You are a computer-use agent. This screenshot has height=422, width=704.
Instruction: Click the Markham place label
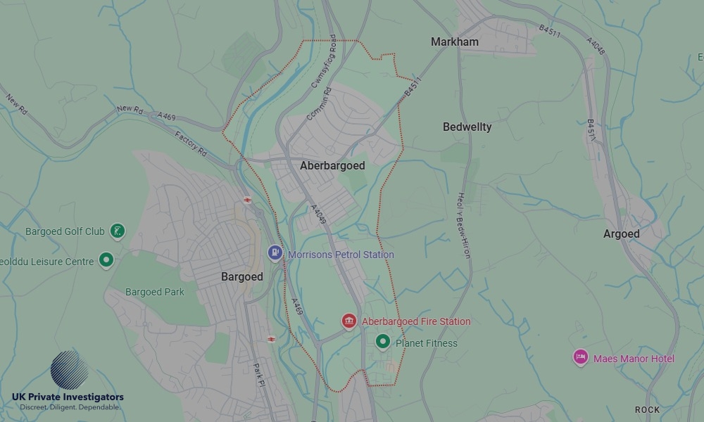coord(454,42)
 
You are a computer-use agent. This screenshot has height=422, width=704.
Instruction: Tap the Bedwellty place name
coord(467,127)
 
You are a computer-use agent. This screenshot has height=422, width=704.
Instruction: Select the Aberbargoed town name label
coord(332,166)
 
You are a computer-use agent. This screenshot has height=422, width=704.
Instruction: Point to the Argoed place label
coord(621,234)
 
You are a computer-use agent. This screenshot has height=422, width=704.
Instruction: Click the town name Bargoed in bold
coord(241,277)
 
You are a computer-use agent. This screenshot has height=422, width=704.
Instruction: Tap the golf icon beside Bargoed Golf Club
coord(118,231)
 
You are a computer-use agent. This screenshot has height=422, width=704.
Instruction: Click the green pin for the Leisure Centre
coord(106,261)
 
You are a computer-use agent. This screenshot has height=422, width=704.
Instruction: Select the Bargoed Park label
coord(154,292)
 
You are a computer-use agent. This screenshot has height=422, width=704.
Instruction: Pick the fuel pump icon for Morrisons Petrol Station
coord(275,252)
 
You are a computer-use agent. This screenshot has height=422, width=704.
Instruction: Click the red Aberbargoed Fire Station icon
coord(348,321)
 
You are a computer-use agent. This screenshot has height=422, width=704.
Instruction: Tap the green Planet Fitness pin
coord(382,342)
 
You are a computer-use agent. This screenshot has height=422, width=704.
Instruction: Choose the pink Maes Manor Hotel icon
coord(580,358)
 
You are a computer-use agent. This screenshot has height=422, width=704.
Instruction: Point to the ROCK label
coord(647,409)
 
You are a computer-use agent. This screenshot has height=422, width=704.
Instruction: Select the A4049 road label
coord(319,214)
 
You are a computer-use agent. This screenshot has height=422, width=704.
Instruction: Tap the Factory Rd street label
coord(191,143)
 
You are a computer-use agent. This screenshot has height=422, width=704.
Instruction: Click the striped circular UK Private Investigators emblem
coord(69,369)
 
